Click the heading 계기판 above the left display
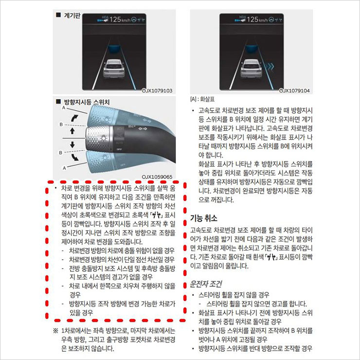pos(72,16)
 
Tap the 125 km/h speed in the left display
pos(120,19)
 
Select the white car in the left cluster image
pos(114,69)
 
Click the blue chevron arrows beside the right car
pos(269,67)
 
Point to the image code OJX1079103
pos(157,90)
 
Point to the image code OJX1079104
pos(294,90)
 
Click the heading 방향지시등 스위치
pos(87,102)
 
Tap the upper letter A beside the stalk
pos(64,108)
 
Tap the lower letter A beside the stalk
pos(64,168)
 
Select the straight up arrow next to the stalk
pos(72,131)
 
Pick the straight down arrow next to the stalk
pos(72,144)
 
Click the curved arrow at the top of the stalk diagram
pos(74,118)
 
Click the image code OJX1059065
pos(157,177)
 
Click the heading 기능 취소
pos(204,218)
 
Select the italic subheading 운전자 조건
pos(206,284)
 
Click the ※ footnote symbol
pos(56,331)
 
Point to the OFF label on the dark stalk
pos(119,149)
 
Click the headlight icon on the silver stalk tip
pos(103,138)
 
